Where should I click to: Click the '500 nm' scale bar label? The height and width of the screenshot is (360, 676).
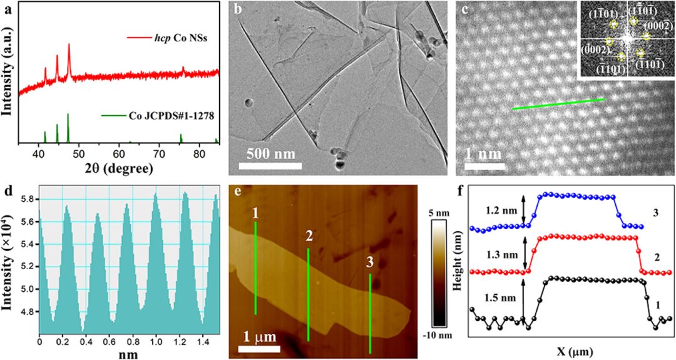click(x=271, y=153)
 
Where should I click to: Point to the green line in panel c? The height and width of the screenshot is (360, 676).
click(x=558, y=104)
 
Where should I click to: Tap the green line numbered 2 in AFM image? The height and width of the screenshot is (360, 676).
click(x=308, y=294)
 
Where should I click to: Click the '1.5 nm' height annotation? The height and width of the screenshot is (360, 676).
click(x=501, y=294)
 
